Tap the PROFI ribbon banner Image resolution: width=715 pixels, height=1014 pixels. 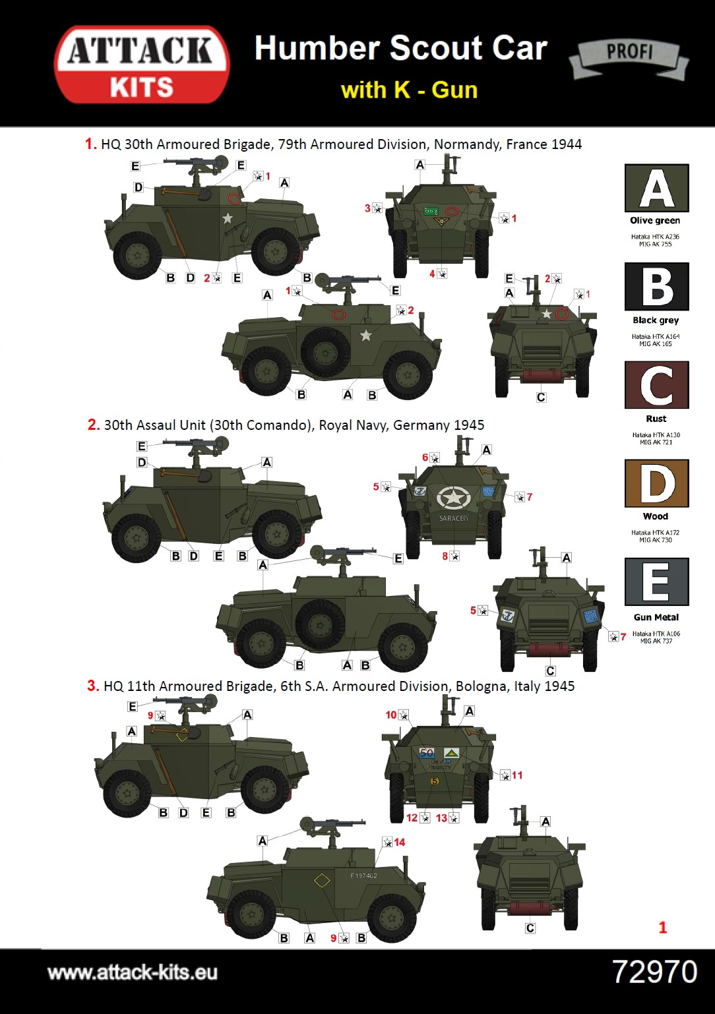(x=629, y=57)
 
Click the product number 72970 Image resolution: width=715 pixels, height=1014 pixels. (x=654, y=972)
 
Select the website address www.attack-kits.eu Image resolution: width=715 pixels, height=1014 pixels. (x=133, y=972)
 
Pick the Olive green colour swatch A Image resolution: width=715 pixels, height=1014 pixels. (x=656, y=188)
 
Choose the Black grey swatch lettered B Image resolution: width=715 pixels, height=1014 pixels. (x=656, y=287)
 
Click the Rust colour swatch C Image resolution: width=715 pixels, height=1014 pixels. (x=656, y=385)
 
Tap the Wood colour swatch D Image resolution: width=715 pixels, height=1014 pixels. (x=656, y=483)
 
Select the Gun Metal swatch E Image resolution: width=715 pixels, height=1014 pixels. (x=656, y=582)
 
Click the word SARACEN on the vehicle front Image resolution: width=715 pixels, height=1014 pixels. (x=454, y=518)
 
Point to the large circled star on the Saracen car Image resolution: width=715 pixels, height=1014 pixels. (x=454, y=498)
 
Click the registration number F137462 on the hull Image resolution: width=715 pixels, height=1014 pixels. (x=363, y=876)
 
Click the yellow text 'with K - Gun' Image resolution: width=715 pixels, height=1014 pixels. (x=409, y=90)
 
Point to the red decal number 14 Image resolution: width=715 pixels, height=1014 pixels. (x=400, y=843)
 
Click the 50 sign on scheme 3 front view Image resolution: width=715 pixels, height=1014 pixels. (x=427, y=752)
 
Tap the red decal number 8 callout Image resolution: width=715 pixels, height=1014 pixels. (x=445, y=556)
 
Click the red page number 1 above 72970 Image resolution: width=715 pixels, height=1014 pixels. (x=663, y=928)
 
